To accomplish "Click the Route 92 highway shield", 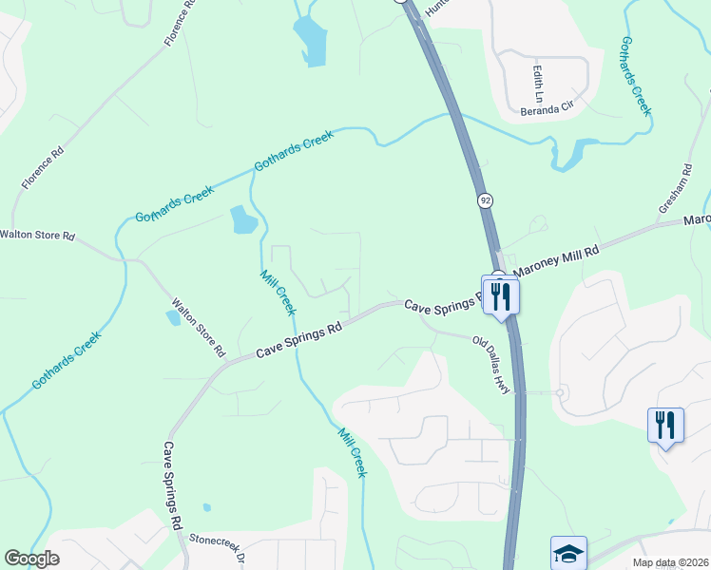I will (486, 200).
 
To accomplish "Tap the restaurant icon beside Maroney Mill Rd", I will (500, 294).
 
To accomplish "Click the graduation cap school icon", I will (568, 553).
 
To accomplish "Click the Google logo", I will (31, 559).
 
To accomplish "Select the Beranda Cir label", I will (547, 109).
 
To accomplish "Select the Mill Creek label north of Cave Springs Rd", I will (279, 292).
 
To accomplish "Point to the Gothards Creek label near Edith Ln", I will (636, 76).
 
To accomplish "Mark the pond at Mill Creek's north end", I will (243, 220).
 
